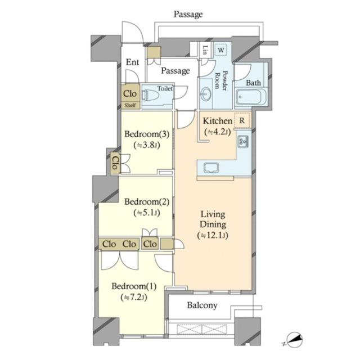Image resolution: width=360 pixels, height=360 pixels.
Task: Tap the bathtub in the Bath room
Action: point(251,97)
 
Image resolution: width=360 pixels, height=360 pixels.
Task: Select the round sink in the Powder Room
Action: point(205,94)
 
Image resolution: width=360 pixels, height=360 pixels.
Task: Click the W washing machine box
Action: point(221,50)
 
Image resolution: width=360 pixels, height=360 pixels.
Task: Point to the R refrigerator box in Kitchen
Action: point(242,120)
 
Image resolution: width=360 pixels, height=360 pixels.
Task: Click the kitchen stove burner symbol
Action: point(243,142)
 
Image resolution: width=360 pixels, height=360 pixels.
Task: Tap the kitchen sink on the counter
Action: point(211,168)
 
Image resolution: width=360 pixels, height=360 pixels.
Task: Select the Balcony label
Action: point(202,305)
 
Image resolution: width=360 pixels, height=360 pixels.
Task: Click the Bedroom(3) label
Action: point(147,134)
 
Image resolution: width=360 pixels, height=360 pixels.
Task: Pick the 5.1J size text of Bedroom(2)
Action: point(147,213)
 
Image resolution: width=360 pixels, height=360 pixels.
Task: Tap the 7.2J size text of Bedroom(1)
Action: point(134,298)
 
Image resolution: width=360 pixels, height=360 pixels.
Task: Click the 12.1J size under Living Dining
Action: point(213,235)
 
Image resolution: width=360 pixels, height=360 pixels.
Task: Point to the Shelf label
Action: point(130,105)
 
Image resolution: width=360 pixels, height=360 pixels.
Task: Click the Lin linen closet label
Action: point(205,50)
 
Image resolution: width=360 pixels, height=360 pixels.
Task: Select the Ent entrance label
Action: point(133,62)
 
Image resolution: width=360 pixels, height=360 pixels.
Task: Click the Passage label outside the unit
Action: point(188,14)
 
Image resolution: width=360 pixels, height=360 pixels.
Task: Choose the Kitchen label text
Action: point(218,121)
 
